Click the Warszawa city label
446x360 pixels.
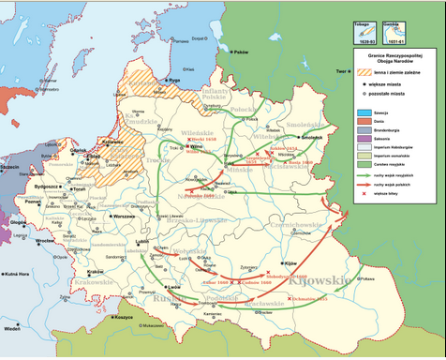click(x=124, y=216)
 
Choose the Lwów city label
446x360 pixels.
click(x=175, y=287)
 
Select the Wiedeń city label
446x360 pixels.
click(x=12, y=328)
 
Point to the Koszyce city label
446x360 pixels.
click(x=122, y=317)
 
